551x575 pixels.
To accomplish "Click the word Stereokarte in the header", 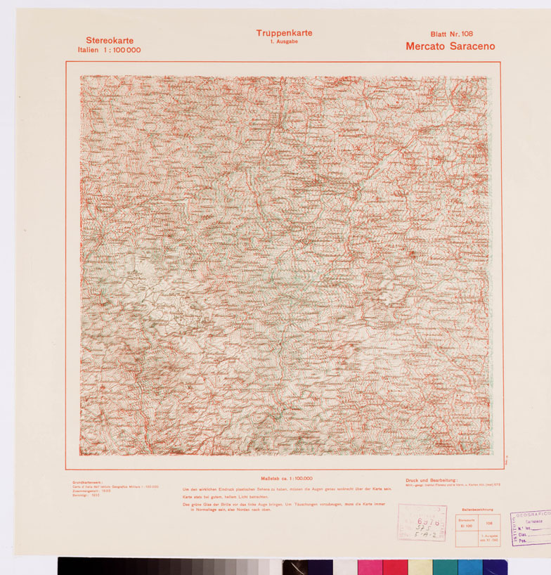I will [110, 41].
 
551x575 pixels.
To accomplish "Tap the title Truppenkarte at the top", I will [284, 33].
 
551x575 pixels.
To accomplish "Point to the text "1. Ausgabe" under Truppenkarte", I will [284, 42].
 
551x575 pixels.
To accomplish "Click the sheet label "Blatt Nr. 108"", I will [452, 34].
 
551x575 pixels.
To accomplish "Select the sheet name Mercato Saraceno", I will [450, 46].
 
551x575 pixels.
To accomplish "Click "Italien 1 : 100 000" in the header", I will [109, 51].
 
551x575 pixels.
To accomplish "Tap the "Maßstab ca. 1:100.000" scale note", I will [286, 478].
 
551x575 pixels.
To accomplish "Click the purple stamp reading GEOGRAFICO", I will [533, 515].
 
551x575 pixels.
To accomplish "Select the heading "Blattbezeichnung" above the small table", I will [477, 508].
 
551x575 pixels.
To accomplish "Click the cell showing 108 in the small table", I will [488, 523].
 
